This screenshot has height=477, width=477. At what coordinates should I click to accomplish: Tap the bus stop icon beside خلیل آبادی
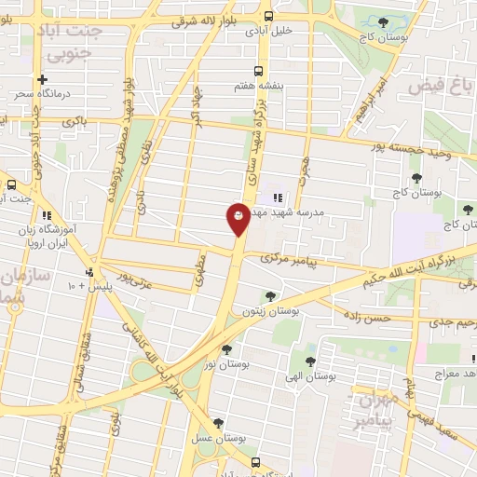click(268, 16)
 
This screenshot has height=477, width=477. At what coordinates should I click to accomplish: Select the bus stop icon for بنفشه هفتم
click(258, 71)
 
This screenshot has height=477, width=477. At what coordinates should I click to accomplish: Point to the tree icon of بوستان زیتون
click(270, 296)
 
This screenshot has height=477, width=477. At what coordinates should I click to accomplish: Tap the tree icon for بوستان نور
click(225, 349)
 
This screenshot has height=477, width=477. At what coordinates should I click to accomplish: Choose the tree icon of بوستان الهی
click(310, 361)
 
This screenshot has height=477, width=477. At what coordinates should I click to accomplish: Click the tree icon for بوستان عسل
click(218, 422)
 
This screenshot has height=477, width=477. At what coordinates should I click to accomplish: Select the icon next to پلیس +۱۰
click(89, 272)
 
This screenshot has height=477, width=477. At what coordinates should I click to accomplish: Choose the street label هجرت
click(302, 171)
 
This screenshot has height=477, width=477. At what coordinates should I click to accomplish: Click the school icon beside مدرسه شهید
click(277, 198)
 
